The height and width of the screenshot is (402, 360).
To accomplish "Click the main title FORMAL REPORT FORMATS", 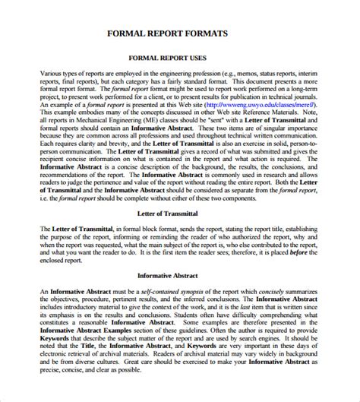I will [x=179, y=33].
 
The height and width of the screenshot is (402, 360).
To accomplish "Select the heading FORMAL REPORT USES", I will [x=179, y=57].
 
